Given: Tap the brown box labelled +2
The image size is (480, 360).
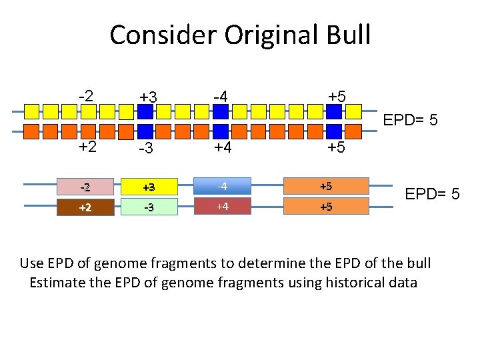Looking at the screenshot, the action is [85, 207].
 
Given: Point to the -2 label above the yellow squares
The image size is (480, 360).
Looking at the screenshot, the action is [85, 95].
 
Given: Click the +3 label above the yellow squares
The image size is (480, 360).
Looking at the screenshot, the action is [148, 97].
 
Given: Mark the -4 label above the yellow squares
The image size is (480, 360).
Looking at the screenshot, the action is [221, 97].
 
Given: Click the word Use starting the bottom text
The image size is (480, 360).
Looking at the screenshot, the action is [33, 263].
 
